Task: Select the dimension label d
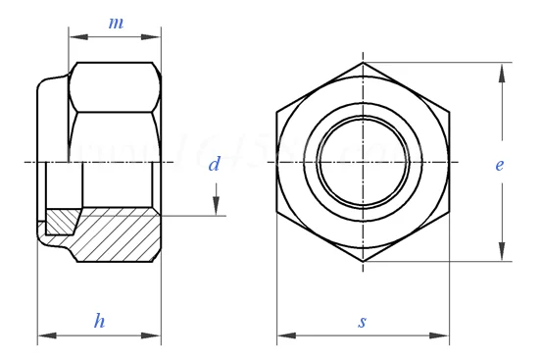(x=213, y=164)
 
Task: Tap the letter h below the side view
(x=99, y=320)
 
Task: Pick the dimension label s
(x=363, y=321)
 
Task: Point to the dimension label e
(x=499, y=165)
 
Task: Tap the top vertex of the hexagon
(x=363, y=64)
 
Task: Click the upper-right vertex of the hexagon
(x=450, y=113)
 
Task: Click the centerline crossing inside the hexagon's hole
(x=363, y=162)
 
